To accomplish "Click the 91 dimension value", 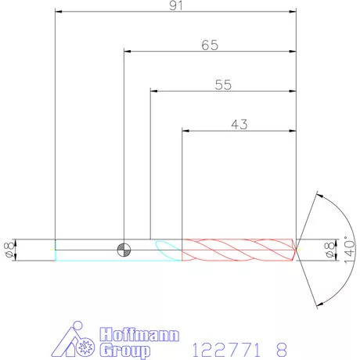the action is pos(176,5).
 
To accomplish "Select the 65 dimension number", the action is pos(210,45).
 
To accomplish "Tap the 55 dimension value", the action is pos(223,85).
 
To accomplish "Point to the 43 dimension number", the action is pos(239,124).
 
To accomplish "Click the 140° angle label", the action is pos(350,250).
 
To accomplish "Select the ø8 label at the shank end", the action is pos(9,250).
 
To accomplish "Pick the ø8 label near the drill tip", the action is pos(329,250).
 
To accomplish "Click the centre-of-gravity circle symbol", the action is pos(124,250).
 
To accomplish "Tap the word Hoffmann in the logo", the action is pos(139,334).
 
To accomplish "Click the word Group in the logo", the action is pos(125,351).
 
